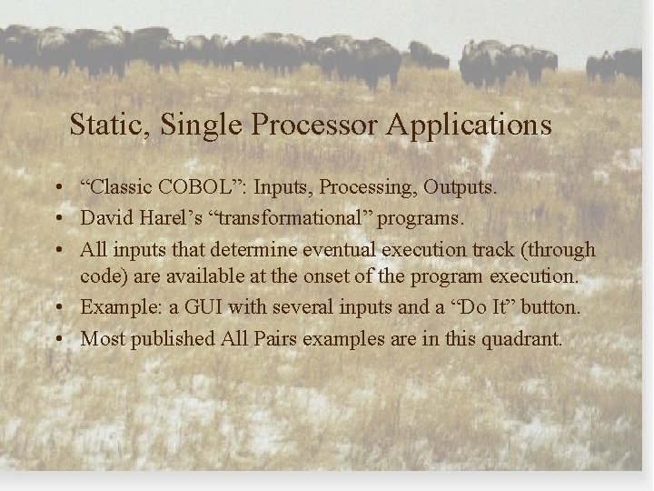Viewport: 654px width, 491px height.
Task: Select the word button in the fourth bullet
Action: point(548,307)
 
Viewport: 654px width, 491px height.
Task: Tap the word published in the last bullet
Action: point(173,339)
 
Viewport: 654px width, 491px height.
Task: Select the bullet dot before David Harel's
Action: point(57,219)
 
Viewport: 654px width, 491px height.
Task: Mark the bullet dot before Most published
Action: point(57,339)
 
